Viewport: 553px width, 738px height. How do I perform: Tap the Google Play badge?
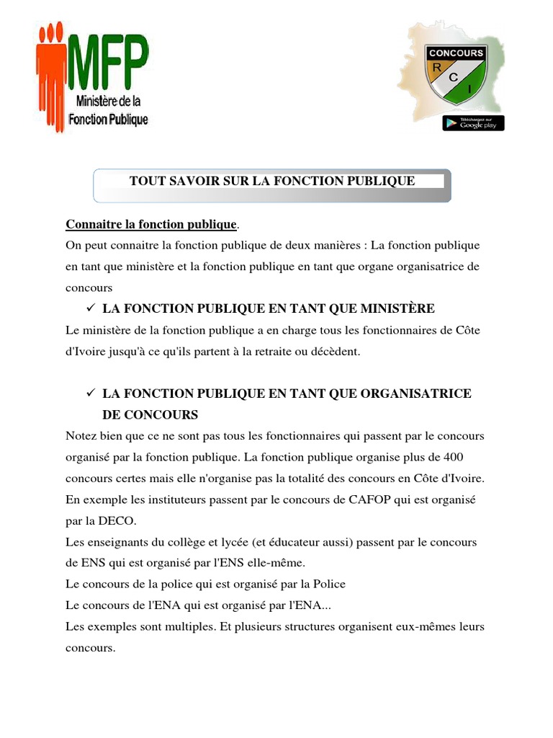[473, 123]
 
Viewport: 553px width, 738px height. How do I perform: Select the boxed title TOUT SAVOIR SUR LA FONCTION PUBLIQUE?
[272, 181]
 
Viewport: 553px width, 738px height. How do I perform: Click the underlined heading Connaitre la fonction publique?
[151, 224]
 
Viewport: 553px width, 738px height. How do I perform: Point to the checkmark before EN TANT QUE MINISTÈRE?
[90, 308]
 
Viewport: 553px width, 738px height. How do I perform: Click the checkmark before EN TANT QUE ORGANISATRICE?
[90, 394]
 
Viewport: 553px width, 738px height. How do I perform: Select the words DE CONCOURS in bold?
[150, 415]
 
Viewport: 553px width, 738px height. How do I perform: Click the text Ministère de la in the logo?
[108, 103]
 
